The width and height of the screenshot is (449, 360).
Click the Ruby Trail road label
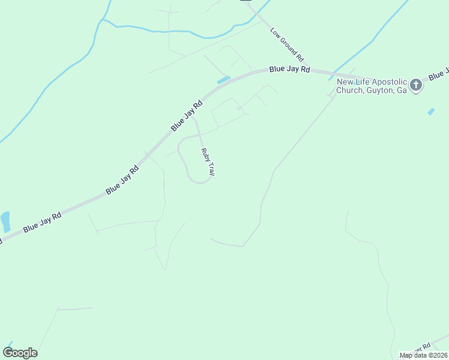(x=208, y=162)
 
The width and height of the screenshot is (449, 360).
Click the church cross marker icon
(x=416, y=86)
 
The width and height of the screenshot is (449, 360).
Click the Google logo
(x=20, y=352)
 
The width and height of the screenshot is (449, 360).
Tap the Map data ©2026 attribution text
(x=424, y=355)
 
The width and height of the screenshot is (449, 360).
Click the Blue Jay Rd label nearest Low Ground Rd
(x=289, y=70)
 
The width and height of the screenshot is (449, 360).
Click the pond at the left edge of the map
(x=5, y=221)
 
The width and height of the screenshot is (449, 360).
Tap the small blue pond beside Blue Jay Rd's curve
(x=223, y=80)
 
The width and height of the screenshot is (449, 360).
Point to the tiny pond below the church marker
(x=431, y=112)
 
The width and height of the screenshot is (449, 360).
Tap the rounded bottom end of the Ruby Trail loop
(x=200, y=182)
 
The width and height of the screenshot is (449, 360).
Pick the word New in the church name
(x=345, y=82)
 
